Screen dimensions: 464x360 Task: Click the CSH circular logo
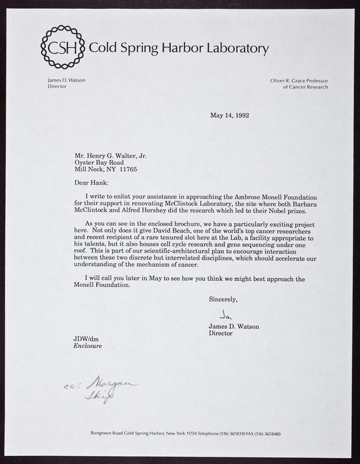pyautogui.click(x=61, y=48)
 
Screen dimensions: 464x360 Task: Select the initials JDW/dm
pyautogui.click(x=85, y=339)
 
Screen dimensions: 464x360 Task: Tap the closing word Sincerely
pyautogui.click(x=223, y=300)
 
